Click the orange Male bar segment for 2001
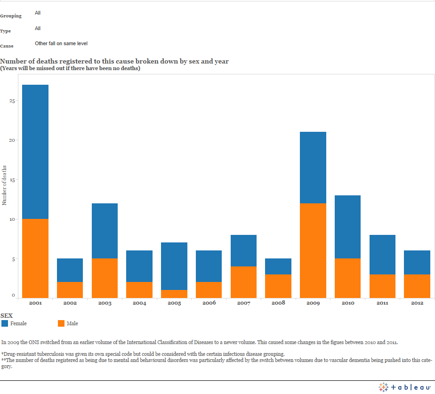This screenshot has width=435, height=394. point(35,258)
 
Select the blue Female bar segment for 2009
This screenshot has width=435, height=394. point(313,168)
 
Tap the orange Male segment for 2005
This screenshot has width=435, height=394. point(174,294)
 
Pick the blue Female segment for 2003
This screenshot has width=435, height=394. point(105,231)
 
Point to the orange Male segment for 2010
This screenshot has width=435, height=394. point(347,278)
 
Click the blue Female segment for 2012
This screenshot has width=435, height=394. point(417,262)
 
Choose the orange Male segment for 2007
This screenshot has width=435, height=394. point(243,282)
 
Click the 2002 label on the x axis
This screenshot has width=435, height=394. point(70,303)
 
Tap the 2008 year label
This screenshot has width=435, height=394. point(278,303)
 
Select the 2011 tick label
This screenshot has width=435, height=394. point(382,303)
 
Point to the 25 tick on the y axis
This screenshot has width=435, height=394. point(13,101)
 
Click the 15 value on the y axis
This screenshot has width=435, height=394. point(13,180)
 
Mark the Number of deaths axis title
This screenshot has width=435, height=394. point(4,185)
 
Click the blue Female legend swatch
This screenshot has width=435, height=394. point(5,323)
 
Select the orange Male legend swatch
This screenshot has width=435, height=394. point(61,323)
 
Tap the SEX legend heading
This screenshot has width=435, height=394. point(7,315)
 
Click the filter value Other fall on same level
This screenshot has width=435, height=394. point(61,43)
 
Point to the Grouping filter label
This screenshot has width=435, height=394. point(11,16)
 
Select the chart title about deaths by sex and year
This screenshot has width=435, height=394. point(115,61)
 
